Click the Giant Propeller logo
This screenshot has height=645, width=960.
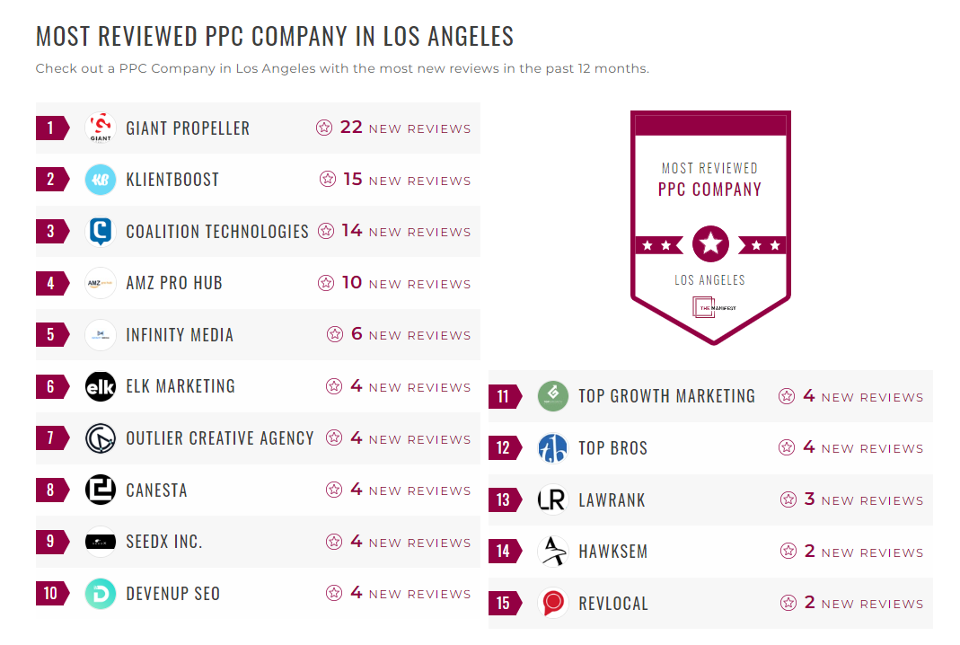click(101, 128)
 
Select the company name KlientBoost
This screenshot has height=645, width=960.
click(172, 180)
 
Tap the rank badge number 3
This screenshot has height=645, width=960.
click(50, 231)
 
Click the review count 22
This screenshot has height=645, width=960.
click(351, 128)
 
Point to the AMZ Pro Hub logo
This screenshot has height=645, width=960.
click(101, 283)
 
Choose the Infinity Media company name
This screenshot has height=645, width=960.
click(180, 335)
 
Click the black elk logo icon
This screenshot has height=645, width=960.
click(101, 386)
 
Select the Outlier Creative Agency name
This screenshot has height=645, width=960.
click(220, 438)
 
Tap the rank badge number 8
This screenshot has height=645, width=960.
click(50, 490)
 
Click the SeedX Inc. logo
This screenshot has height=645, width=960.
click(101, 542)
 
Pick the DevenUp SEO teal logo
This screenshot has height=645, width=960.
click(101, 594)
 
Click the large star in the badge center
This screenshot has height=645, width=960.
click(710, 243)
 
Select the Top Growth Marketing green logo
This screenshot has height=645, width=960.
click(553, 396)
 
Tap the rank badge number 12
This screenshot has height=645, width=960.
click(503, 448)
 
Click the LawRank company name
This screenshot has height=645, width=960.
click(612, 500)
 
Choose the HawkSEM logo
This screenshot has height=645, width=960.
click(553, 552)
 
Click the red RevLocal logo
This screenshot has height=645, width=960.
click(553, 604)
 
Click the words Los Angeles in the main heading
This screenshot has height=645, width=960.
click(448, 37)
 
